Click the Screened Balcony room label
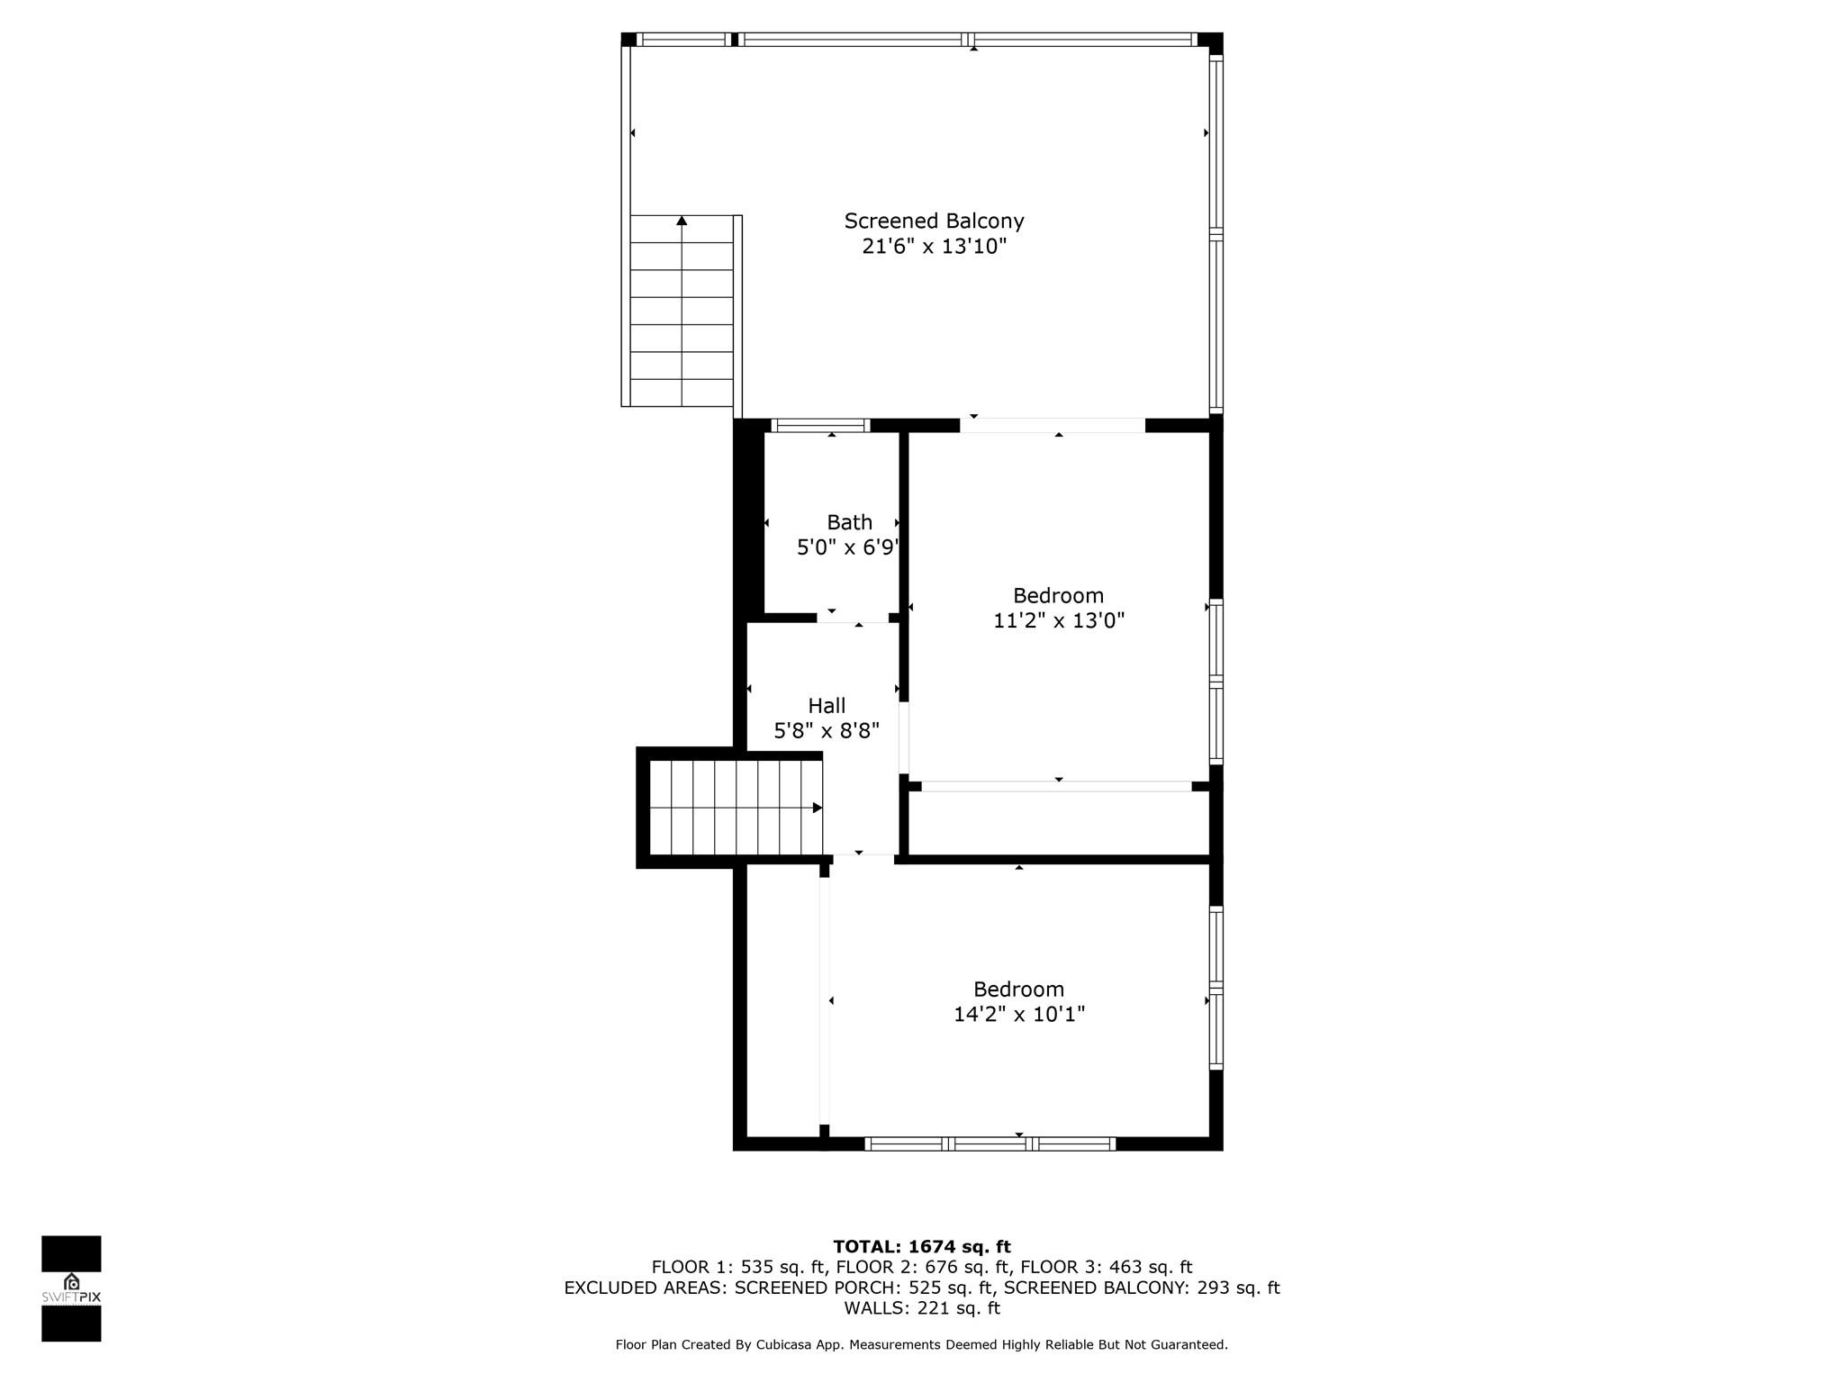pyautogui.click(x=934, y=221)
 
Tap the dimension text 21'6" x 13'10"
pyautogui.click(x=934, y=247)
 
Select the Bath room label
pyautogui.click(x=849, y=522)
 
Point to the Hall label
pyautogui.click(x=826, y=706)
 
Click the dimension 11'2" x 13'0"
pyautogui.click(x=1058, y=620)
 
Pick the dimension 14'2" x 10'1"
pyautogui.click(x=1018, y=1015)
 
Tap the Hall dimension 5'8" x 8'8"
pyautogui.click(x=826, y=731)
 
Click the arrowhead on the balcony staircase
pyautogui.click(x=682, y=221)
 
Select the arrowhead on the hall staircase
pyautogui.click(x=818, y=808)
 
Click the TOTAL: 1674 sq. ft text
pyautogui.click(x=921, y=1247)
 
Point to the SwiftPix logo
pyautogui.click(x=71, y=1288)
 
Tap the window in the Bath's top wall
pyautogui.click(x=820, y=426)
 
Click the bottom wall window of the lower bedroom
pyautogui.click(x=990, y=1144)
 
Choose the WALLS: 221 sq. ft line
pyautogui.click(x=921, y=1308)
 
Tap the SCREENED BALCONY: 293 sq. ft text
pyautogui.click(x=1141, y=1288)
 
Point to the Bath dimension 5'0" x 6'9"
pyautogui.click(x=847, y=547)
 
